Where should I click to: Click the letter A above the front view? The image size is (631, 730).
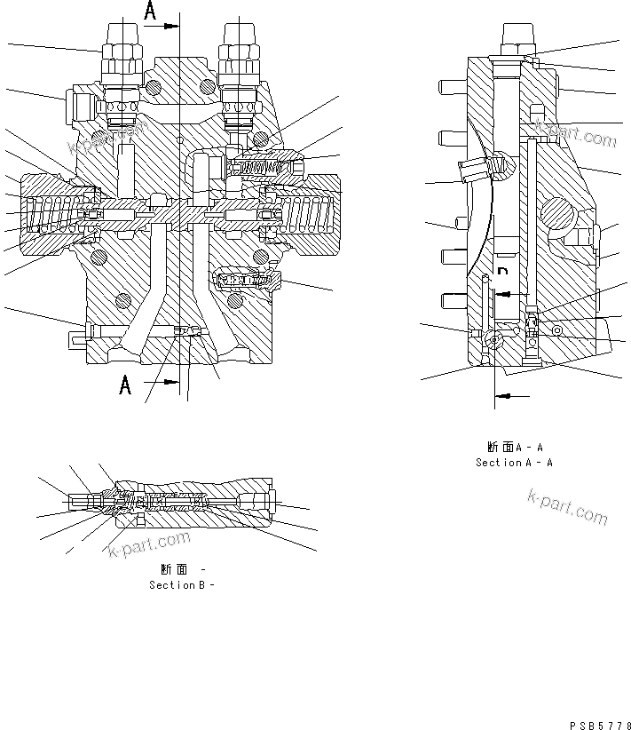(x=150, y=12)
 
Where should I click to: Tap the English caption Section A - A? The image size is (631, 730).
(x=514, y=463)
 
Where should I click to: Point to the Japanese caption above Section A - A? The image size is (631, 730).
(x=515, y=447)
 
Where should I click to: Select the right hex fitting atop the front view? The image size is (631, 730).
(x=240, y=51)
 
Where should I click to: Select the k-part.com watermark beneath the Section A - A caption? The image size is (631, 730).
(x=568, y=506)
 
